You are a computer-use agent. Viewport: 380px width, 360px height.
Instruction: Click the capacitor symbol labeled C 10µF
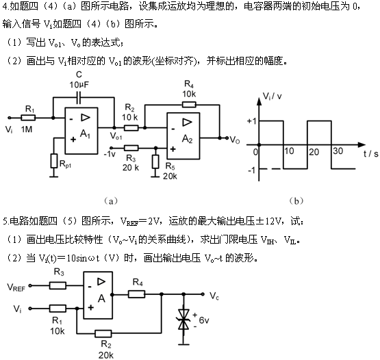click(79, 97)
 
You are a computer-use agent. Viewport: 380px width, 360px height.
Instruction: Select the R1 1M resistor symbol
click(28, 118)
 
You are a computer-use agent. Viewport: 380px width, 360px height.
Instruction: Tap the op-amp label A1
click(85, 134)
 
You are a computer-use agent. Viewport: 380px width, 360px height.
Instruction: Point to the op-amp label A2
click(187, 139)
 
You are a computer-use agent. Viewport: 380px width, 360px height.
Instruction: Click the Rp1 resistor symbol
click(54, 161)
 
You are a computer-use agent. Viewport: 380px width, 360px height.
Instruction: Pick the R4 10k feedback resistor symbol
click(189, 105)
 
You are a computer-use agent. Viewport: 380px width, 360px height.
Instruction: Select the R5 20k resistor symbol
click(155, 162)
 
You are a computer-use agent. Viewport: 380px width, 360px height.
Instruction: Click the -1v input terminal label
click(110, 154)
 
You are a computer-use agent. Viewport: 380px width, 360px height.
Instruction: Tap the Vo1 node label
click(116, 136)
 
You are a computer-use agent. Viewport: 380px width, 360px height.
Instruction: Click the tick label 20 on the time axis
click(314, 152)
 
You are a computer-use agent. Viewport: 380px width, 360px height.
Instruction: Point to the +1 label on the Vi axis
click(251, 120)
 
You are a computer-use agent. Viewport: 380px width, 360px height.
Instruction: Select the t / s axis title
click(370, 153)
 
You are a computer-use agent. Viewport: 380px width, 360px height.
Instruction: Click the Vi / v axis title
click(273, 97)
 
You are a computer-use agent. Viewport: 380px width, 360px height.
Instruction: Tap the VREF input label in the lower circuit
click(16, 287)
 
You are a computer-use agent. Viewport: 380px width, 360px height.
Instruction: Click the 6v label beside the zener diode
click(204, 320)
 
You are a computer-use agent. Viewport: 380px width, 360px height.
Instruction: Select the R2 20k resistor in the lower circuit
click(103, 333)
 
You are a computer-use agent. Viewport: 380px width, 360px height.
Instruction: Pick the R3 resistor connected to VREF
click(58, 285)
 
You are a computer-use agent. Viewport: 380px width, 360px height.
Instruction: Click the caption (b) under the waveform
click(296, 201)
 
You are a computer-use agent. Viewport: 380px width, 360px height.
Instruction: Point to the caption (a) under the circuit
click(111, 201)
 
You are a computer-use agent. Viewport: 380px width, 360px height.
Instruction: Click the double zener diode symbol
click(183, 320)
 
